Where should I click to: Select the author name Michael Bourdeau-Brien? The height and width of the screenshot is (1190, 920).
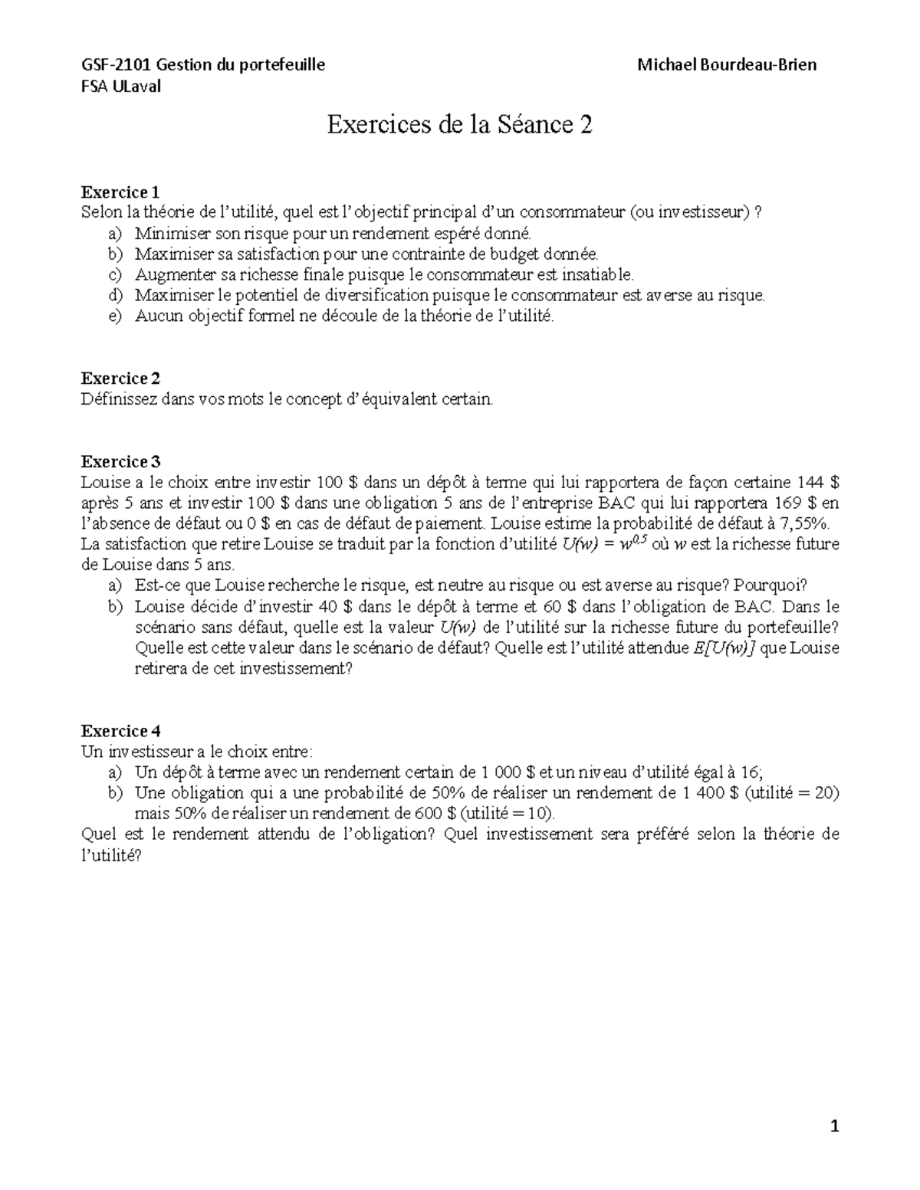(727, 64)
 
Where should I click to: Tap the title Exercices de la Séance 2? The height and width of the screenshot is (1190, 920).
(460, 125)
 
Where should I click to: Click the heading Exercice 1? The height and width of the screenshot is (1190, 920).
(120, 192)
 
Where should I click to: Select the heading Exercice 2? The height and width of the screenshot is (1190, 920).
(120, 379)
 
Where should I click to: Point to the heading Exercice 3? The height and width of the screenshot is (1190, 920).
(120, 461)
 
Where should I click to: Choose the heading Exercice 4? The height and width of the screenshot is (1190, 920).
(120, 730)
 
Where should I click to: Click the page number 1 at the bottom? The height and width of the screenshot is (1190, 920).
(836, 1126)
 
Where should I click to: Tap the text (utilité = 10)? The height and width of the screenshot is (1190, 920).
(508, 814)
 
